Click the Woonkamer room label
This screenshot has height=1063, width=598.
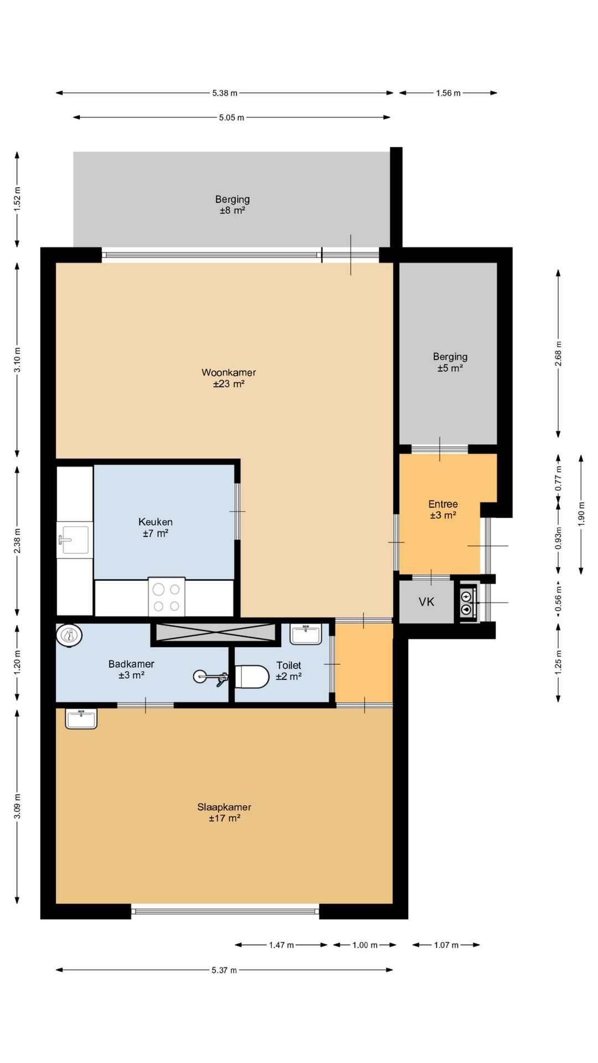(229, 373)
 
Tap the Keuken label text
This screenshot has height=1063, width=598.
(156, 522)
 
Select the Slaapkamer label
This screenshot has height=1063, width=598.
(224, 807)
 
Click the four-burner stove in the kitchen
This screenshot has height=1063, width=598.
(167, 597)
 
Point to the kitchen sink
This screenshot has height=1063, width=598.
(74, 540)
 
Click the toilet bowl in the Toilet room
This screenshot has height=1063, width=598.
(252, 676)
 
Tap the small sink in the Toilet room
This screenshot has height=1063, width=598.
(306, 634)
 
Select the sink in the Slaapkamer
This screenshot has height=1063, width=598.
(81, 719)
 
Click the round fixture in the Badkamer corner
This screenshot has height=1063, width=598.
(69, 636)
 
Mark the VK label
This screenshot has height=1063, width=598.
(426, 602)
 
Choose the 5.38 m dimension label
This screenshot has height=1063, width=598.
(225, 93)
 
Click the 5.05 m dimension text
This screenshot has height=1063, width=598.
(231, 117)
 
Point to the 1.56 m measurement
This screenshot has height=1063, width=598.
(448, 93)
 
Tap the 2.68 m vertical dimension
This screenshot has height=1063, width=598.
(558, 353)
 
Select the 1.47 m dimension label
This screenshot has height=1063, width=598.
(281, 945)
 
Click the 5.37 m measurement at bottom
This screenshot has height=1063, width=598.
(224, 970)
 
